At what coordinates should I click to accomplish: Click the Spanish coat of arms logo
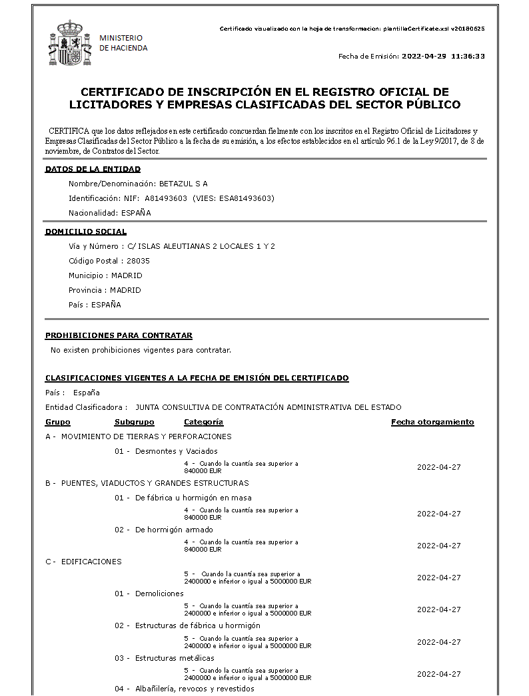69,43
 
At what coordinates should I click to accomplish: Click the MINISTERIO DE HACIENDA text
123,43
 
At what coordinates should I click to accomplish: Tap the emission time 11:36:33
468,56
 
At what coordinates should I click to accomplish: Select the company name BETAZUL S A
183,184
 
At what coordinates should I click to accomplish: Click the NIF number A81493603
166,198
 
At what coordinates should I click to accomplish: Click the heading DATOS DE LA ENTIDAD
93,169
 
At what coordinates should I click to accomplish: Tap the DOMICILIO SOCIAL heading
86,232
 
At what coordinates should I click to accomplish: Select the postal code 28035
138,261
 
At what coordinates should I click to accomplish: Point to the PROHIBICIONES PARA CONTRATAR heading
119,335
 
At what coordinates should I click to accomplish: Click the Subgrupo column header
135,422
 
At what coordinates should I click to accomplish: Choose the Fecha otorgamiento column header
432,422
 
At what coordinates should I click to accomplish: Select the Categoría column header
204,422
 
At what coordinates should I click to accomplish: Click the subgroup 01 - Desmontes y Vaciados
166,451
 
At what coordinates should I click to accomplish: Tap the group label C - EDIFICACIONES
83,562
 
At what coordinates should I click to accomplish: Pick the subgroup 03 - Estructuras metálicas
164,658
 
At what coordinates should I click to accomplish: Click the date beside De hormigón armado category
438,546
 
